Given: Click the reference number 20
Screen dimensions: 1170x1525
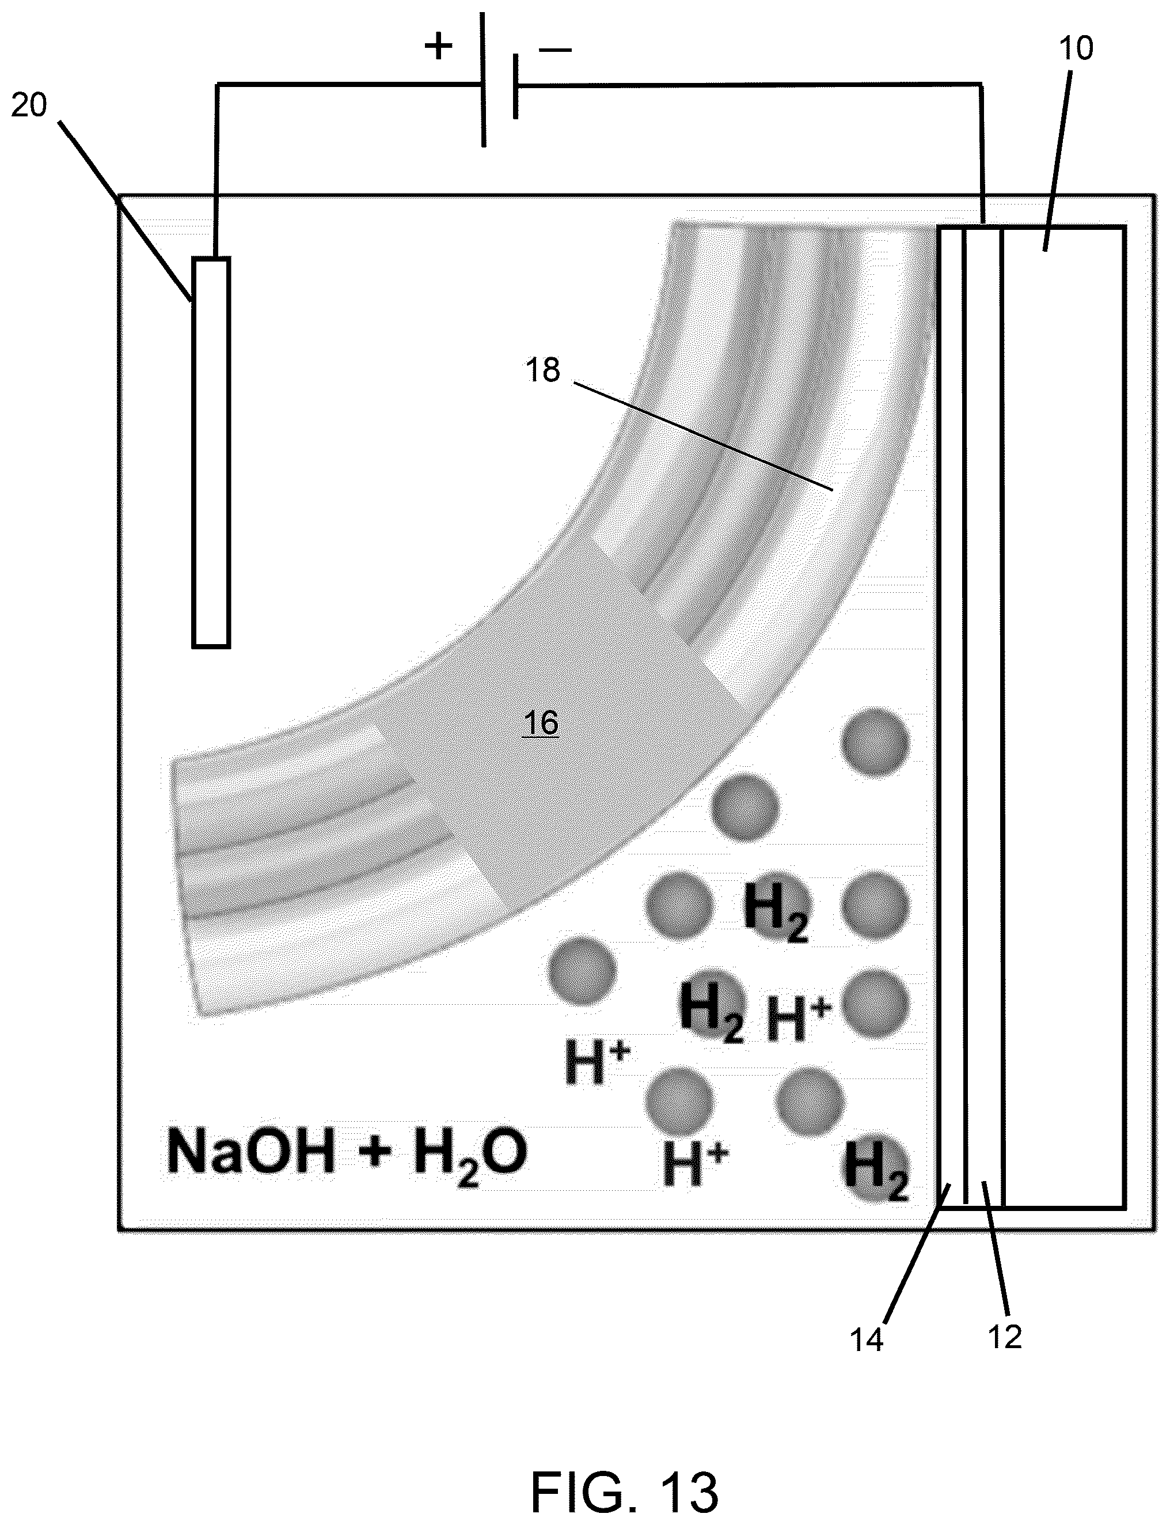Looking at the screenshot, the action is (29, 105).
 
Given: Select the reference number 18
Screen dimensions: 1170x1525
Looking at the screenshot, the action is (542, 370).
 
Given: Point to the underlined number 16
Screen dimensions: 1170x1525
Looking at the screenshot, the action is (541, 723).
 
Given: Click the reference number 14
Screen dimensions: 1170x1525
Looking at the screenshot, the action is (867, 1339).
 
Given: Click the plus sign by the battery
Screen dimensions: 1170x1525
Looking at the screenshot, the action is (438, 47).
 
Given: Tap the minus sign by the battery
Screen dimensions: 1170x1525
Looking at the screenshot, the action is (555, 49).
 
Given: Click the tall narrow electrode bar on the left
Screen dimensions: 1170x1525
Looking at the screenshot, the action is (211, 453).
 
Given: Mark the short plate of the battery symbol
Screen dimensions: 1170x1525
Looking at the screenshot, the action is (515, 86).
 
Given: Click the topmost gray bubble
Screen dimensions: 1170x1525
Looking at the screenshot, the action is (875, 741).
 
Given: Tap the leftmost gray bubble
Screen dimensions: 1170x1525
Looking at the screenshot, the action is (582, 969).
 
